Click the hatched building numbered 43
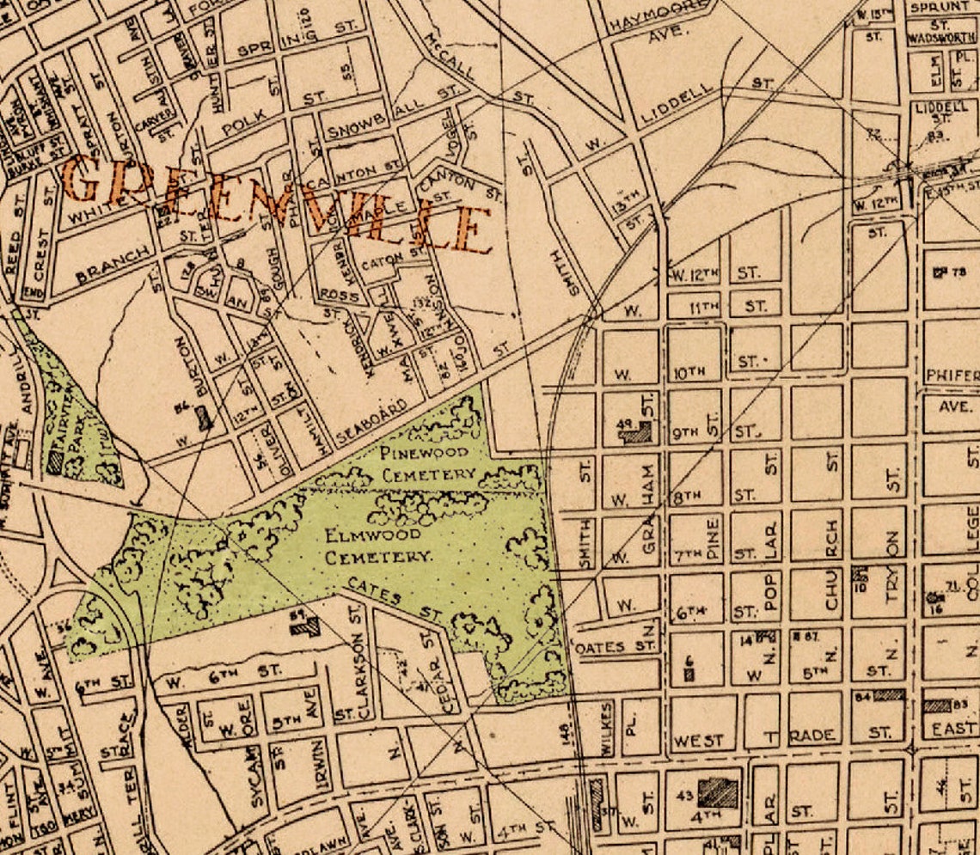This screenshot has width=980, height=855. point(717,792)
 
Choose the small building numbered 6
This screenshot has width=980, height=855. point(689,674)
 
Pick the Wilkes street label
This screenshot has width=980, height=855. point(607,729)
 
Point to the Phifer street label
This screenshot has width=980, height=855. point(952,376)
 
